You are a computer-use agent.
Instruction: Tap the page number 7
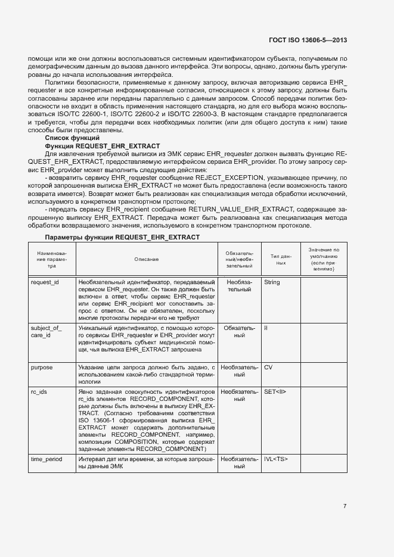[345, 506]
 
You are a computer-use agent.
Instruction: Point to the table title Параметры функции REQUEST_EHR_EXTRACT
[122, 237]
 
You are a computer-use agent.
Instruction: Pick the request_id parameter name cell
[45, 282]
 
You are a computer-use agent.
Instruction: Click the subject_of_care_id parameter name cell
[46, 332]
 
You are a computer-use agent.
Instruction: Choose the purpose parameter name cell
[42, 368]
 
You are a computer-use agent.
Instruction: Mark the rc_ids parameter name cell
[39, 391]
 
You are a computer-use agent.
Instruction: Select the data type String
[272, 282]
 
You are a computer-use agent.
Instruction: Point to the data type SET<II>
[275, 391]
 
